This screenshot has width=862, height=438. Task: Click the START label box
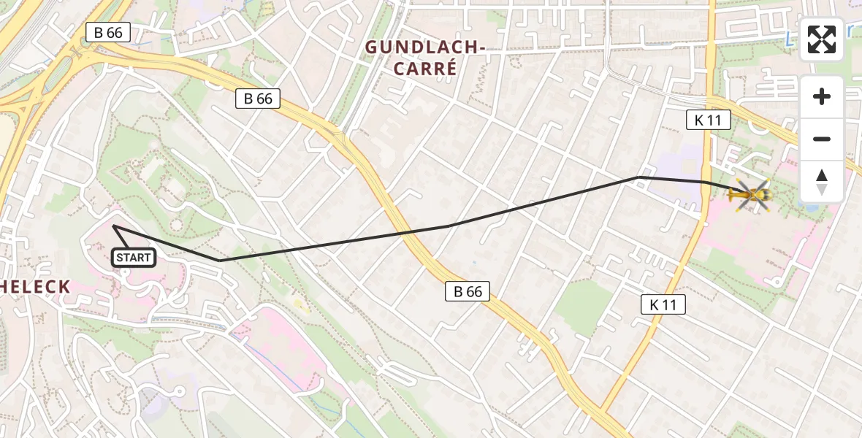click(133, 257)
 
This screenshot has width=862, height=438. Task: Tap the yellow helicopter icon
click(750, 195)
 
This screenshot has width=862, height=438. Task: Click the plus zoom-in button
click(822, 97)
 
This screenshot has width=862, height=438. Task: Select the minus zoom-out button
click(822, 139)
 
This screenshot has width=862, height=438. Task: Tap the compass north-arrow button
click(822, 182)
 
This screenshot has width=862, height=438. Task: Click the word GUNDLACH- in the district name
click(425, 47)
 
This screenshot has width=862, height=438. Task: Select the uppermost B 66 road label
click(108, 32)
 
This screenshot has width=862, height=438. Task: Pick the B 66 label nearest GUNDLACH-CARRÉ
click(258, 99)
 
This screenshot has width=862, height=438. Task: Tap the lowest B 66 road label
click(468, 291)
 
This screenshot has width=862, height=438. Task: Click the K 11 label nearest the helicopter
click(708, 120)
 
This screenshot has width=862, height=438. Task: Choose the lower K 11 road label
click(663, 304)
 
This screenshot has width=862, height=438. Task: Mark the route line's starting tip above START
click(114, 226)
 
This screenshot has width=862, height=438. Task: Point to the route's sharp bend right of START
click(219, 261)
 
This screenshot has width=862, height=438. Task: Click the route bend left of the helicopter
click(638, 177)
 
